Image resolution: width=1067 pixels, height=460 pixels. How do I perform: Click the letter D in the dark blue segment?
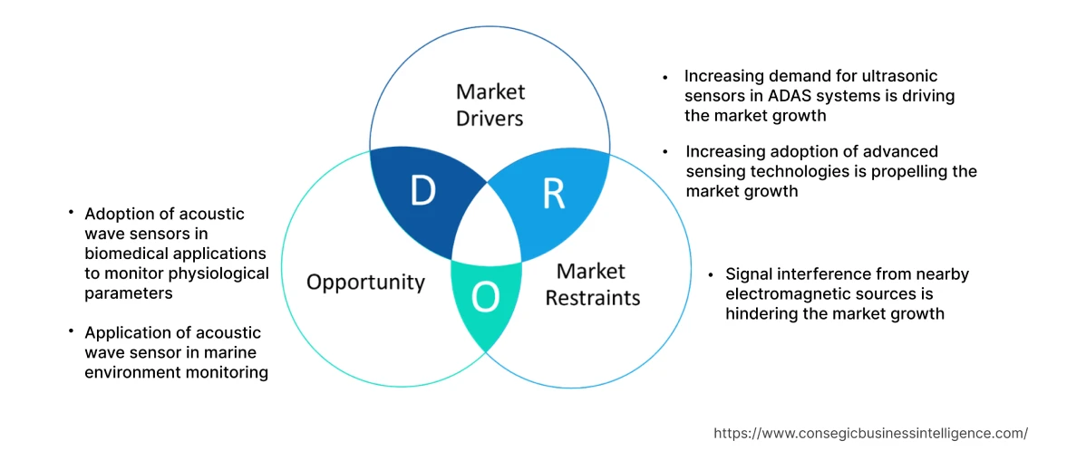coord(422,192)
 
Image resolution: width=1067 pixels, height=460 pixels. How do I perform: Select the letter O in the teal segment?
coord(485,298)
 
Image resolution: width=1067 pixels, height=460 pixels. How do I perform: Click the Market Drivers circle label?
coord(490,105)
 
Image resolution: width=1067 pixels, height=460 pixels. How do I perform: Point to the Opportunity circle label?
coord(365,282)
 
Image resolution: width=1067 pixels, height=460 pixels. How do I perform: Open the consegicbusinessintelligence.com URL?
coord(871,434)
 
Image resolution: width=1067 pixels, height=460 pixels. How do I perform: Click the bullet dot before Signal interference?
coord(711,274)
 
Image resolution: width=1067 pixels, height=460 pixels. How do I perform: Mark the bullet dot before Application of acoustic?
coord(70,331)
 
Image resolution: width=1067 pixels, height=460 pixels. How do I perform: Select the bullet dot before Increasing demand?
coord(665,77)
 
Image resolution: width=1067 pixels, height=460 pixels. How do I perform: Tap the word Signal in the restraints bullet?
coord(746,275)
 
